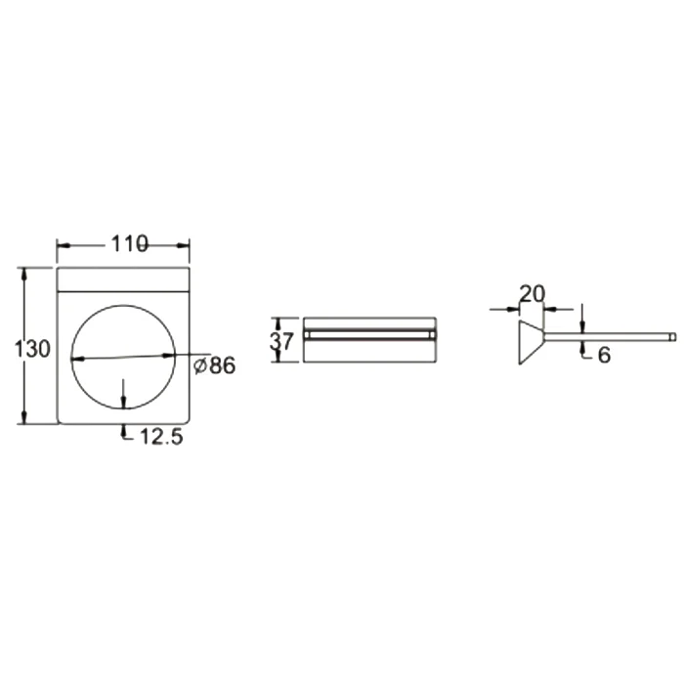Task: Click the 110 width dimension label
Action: pos(130,244)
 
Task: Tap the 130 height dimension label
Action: pos(32,349)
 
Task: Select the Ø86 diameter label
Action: pos(214,365)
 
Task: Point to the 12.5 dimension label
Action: pos(161,437)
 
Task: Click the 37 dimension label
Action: pos(281,341)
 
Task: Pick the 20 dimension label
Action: pos(533,294)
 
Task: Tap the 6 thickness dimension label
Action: pos(604,356)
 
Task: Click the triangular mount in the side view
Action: pos(531,342)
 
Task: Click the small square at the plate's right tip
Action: pos(673,336)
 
